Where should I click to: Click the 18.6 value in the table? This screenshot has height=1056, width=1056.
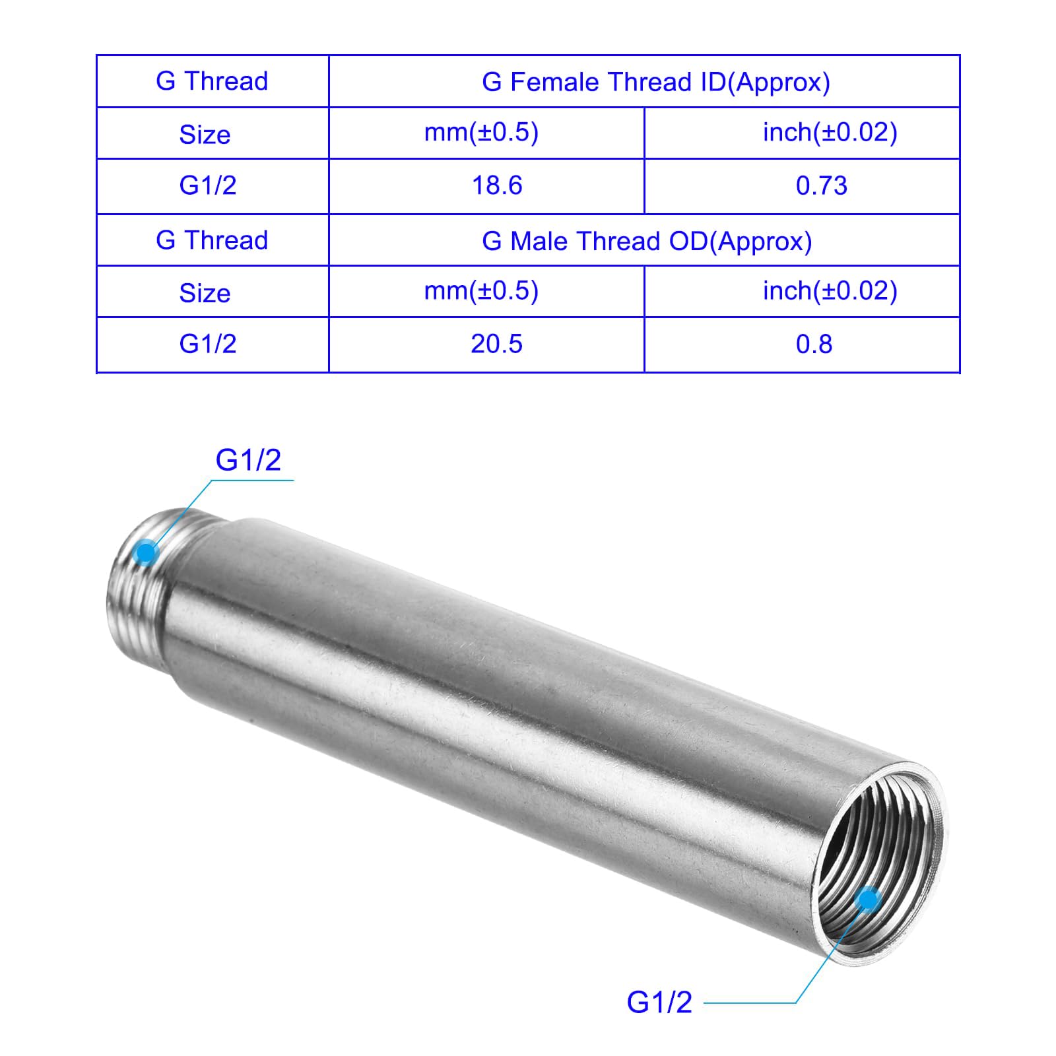(497, 185)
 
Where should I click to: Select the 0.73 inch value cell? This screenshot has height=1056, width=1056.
(821, 185)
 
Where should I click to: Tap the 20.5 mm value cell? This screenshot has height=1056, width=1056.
(496, 344)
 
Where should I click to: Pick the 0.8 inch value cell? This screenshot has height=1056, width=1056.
(814, 344)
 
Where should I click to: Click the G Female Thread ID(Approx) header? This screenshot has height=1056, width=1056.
(656, 82)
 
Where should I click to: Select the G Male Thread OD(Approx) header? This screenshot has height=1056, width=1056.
(647, 241)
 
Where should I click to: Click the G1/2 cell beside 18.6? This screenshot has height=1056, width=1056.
(208, 185)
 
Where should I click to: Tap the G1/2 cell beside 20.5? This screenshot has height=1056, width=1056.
(208, 344)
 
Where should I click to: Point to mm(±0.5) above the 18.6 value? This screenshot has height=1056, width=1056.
(481, 133)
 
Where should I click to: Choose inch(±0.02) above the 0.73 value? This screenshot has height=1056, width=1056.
(830, 133)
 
